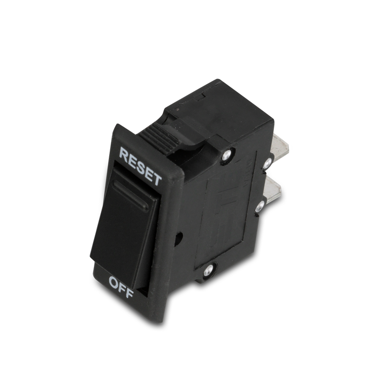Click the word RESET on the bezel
(140, 164)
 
